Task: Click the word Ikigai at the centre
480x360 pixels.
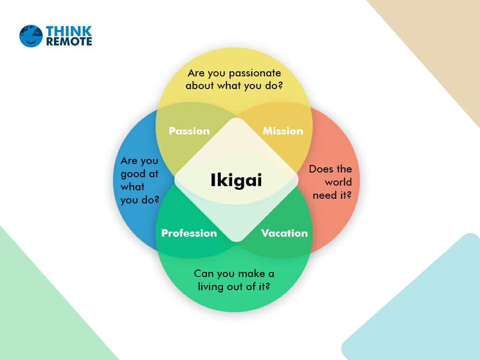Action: point(236,180)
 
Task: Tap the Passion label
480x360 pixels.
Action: point(189,131)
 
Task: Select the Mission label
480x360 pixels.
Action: point(283,131)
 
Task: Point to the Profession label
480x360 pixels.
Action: point(189,233)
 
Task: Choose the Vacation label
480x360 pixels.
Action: point(285,233)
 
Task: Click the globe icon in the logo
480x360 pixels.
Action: point(31,36)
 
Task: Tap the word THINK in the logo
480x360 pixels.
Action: point(69,31)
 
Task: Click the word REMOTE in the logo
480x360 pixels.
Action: point(69,42)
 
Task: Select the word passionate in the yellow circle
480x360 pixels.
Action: point(255,74)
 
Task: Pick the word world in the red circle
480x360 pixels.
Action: point(338,182)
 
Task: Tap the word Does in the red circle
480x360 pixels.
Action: point(319,169)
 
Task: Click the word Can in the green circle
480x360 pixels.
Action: point(204,274)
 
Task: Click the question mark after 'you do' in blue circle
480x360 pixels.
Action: point(157,199)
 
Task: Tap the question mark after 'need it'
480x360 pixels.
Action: point(349,195)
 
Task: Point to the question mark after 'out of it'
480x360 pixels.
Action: point(267,286)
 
